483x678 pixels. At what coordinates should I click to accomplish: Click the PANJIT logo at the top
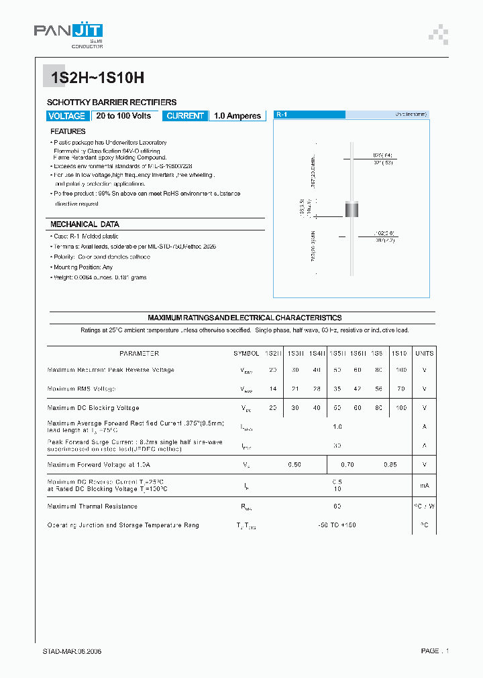coord(68,31)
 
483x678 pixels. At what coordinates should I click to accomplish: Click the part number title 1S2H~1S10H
coord(94,77)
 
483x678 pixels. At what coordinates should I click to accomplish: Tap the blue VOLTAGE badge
coord(66,116)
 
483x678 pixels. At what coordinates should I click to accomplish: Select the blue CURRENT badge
coord(185,116)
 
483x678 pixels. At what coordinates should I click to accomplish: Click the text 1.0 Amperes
coord(237,116)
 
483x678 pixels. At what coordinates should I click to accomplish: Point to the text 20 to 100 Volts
coord(123,116)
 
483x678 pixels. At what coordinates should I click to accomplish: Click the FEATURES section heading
coord(68,132)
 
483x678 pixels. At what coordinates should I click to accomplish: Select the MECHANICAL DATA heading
coord(85,224)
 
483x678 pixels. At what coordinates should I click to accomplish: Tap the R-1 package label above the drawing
coord(282,115)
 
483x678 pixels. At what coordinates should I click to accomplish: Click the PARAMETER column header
coord(139,353)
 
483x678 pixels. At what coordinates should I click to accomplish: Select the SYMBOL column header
coord(246,353)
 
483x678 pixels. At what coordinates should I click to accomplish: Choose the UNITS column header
coord(424,353)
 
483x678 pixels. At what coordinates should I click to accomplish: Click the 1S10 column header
coord(399,353)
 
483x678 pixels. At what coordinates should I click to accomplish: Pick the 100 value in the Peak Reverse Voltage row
coord(400,370)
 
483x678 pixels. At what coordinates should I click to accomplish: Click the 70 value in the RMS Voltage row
coord(400,389)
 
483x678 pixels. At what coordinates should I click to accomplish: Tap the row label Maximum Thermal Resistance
coord(92,506)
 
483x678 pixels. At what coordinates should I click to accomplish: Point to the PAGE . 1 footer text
coord(434,651)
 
